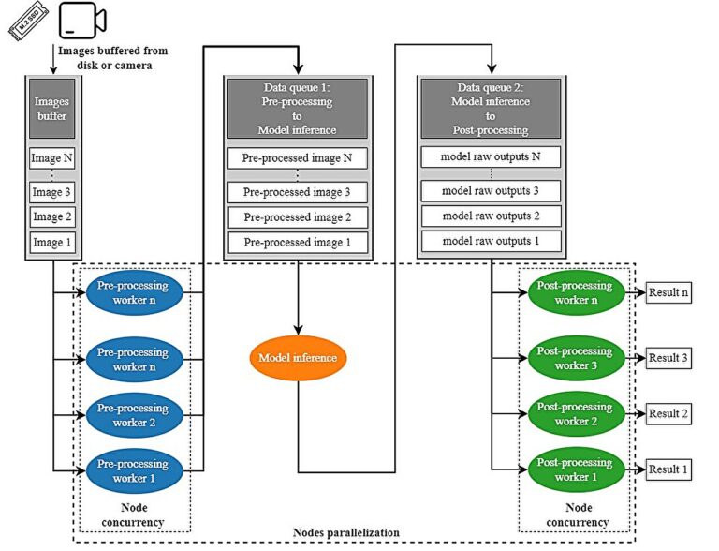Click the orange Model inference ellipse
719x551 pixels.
point(298,358)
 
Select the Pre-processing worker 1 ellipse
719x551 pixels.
point(135,471)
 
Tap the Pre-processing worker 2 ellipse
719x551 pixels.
point(135,415)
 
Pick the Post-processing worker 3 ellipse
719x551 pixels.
point(577,358)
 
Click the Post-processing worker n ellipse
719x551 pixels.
point(577,292)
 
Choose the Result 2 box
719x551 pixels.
point(668,413)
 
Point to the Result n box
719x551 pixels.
point(668,292)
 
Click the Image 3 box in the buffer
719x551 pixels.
point(51,192)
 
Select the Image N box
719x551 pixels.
point(51,158)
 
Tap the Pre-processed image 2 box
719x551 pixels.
point(298,217)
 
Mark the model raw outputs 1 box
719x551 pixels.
point(491,241)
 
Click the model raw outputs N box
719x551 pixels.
point(491,157)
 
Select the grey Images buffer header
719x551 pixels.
point(51,109)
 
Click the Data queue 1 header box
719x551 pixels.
point(298,109)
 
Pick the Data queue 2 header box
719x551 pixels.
point(491,109)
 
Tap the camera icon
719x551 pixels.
point(82,21)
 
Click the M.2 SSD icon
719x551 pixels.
point(28,22)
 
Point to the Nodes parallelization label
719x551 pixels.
point(345,532)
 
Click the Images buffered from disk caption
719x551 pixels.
point(112,58)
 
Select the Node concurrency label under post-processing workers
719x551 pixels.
point(578,514)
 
